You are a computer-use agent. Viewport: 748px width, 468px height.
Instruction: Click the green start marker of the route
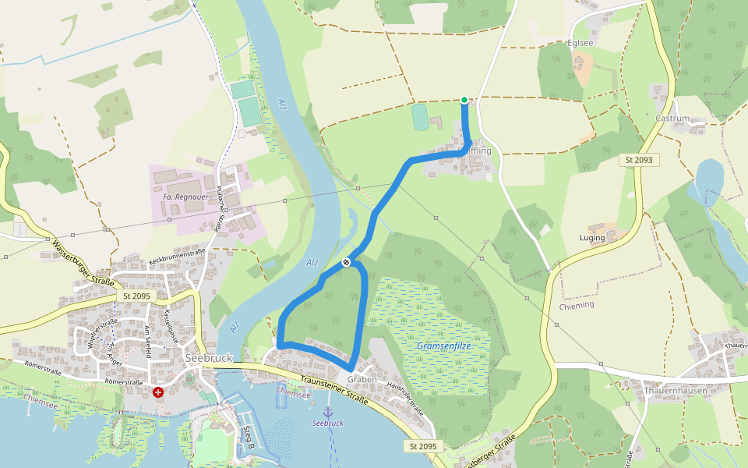point(464,100)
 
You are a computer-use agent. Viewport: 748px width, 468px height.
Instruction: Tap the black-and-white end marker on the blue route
point(346,263)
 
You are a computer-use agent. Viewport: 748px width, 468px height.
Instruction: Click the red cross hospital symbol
point(158,392)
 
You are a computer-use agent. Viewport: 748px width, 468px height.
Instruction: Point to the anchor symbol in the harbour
point(328,411)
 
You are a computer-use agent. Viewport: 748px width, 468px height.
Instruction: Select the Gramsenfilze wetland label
point(443,345)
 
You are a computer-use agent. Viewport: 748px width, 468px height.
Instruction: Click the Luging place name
point(592,237)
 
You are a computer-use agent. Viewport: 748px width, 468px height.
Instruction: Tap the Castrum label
point(672,119)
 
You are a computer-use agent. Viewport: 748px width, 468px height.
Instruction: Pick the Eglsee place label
point(581,44)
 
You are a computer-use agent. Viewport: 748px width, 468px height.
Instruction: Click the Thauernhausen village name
point(675,388)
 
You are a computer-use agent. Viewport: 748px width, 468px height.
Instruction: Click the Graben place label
point(362,380)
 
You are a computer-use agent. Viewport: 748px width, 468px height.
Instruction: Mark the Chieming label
point(576,305)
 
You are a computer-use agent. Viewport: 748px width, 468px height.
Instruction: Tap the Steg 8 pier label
point(249,438)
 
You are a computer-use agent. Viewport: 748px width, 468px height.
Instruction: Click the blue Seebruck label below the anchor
point(327,423)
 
